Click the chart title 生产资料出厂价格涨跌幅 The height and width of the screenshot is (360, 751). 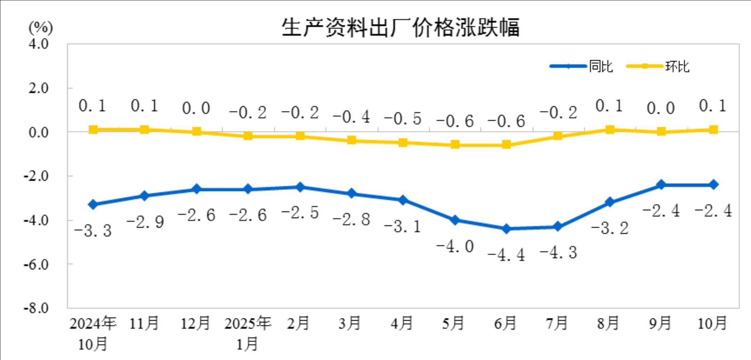point(400,27)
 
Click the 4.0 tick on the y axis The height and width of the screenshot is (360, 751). point(38,44)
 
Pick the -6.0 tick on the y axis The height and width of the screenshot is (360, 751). point(36,264)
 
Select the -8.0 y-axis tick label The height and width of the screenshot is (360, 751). point(36,308)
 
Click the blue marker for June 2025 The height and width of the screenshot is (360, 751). point(506,229)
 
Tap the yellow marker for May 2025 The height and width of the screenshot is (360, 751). point(455,145)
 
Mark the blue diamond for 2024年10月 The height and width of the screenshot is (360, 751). point(93,204)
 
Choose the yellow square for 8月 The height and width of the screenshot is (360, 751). point(610,129)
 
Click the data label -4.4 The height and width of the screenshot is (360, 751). point(506,255)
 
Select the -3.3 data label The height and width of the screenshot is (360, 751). point(93,231)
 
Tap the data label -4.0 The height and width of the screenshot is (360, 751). point(455,246)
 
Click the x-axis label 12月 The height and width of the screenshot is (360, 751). point(195,323)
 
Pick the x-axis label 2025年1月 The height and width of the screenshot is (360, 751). point(247,334)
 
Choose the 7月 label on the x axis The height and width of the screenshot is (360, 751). point(557,323)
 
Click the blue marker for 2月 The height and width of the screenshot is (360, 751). point(300,187)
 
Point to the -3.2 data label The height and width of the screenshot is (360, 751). point(610,228)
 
